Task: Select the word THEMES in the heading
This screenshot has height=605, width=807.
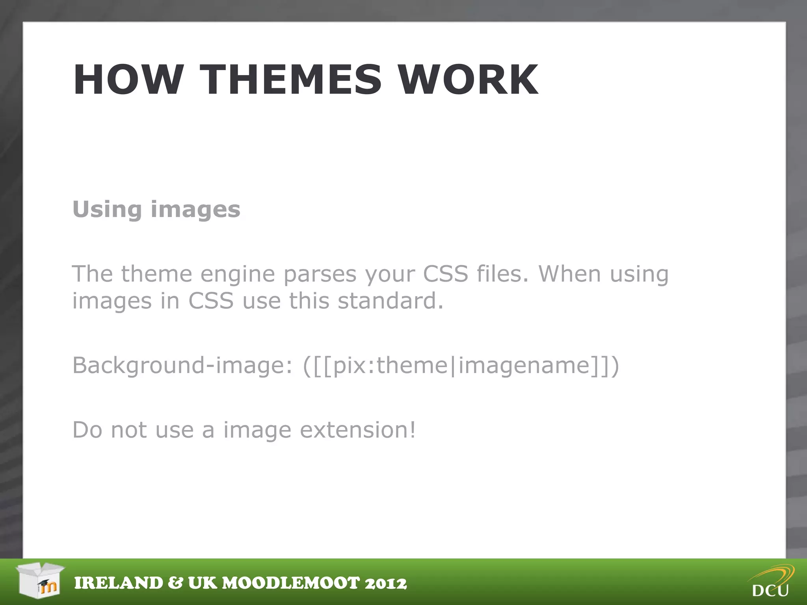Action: pos(291,80)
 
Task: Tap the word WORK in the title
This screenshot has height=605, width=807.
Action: pos(468,80)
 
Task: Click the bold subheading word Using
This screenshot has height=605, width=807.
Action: pos(107,209)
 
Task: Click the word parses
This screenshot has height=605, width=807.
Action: pos(320,275)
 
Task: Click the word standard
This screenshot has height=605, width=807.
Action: pos(390,301)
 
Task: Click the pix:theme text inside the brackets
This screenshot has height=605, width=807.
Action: pos(390,366)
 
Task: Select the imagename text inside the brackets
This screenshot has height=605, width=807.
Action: pos(524,366)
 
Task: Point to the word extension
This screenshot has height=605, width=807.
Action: pos(357,430)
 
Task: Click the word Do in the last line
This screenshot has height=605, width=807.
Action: pos(87,430)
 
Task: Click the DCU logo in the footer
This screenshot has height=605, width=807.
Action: pos(771,582)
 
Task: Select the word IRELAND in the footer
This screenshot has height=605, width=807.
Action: pos(119,583)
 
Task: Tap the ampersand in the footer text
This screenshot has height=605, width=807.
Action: pos(175,583)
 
